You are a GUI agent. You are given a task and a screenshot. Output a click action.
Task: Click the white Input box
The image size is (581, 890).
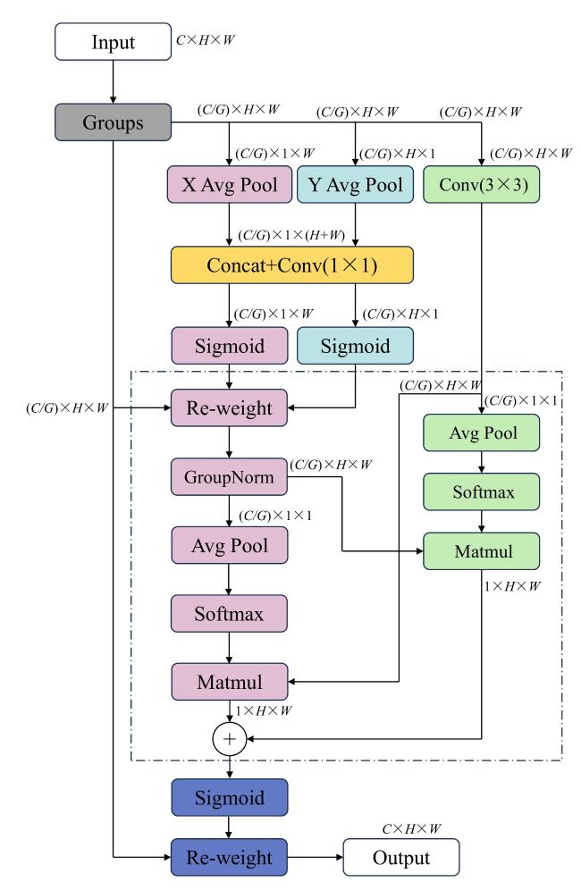113,41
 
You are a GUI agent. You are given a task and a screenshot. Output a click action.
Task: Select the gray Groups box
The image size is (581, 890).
113,122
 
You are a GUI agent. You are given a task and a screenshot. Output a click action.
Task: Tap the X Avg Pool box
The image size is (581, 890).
230,184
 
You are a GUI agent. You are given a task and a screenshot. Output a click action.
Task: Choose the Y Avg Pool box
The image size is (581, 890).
356,184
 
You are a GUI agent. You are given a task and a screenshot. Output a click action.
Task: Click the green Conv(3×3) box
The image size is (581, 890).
482,184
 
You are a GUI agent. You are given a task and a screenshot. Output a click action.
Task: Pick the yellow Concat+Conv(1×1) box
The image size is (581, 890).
292,265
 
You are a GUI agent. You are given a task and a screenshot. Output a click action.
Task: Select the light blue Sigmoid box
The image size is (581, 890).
356,346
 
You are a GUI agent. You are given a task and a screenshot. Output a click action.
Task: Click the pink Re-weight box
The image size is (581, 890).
230,407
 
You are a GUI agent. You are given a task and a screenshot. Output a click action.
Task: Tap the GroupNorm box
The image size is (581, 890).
230,477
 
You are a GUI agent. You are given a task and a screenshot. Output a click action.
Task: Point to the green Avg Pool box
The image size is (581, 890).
482,432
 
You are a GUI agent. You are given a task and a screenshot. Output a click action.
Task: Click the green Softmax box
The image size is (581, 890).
482,491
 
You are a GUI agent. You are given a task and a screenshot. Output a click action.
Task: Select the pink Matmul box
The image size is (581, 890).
230,682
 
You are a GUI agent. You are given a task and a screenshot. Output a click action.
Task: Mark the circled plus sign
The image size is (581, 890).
230,739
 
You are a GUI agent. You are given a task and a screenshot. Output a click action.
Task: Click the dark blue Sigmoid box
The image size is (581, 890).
230,797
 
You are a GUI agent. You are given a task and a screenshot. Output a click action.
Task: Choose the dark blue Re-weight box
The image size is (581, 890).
230,857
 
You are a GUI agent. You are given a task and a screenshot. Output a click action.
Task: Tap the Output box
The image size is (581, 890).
401,857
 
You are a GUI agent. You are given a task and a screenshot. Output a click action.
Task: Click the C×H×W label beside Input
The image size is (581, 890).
205,39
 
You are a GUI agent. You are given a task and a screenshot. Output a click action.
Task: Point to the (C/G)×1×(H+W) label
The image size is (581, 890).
291,235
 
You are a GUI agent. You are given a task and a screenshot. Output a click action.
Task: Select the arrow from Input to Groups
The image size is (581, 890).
113,81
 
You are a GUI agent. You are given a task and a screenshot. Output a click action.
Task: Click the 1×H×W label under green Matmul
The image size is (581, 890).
512,586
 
